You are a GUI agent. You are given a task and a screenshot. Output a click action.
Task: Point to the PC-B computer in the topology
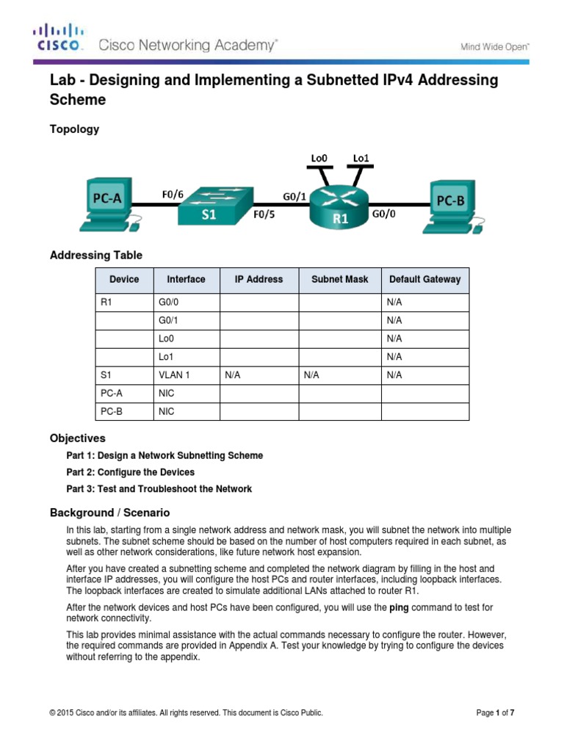[x=450, y=204]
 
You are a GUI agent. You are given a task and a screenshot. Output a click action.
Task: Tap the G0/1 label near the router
[x=295, y=196]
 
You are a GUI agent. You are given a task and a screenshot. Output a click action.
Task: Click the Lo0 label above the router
[x=320, y=157]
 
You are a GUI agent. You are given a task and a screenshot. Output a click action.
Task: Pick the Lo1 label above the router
[x=361, y=157]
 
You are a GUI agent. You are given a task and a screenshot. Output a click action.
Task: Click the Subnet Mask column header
[x=339, y=279]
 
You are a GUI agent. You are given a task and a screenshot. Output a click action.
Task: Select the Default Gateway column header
[x=424, y=279]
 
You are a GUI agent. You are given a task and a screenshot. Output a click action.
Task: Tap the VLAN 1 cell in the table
[x=174, y=375]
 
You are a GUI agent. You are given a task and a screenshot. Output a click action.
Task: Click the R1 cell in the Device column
[x=106, y=302]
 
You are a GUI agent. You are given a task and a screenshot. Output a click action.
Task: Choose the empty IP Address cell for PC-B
[x=258, y=411]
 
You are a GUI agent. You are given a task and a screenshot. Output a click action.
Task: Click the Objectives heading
[x=77, y=438]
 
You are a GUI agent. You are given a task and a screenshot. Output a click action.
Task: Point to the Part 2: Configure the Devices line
[x=130, y=472]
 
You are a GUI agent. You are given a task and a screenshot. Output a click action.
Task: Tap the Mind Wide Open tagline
[x=494, y=47]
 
